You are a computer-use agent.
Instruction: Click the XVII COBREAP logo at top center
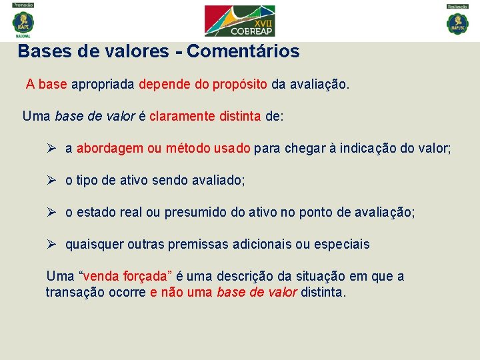239,21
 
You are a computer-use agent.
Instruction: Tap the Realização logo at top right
457,21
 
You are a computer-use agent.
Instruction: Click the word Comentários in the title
243,51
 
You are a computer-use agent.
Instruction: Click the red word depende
164,85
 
